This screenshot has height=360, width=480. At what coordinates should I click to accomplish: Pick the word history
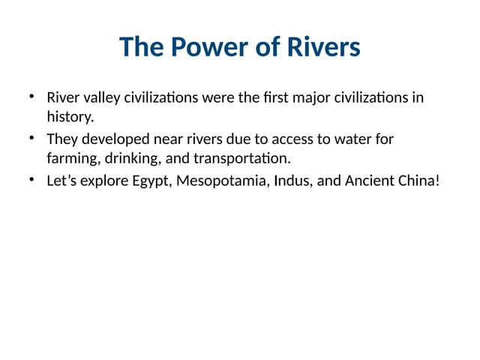click(70, 117)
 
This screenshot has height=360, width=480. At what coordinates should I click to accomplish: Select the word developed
click(113, 139)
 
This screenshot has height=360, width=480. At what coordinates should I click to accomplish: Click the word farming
click(72, 158)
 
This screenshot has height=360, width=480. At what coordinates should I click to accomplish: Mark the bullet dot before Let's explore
click(31, 180)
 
